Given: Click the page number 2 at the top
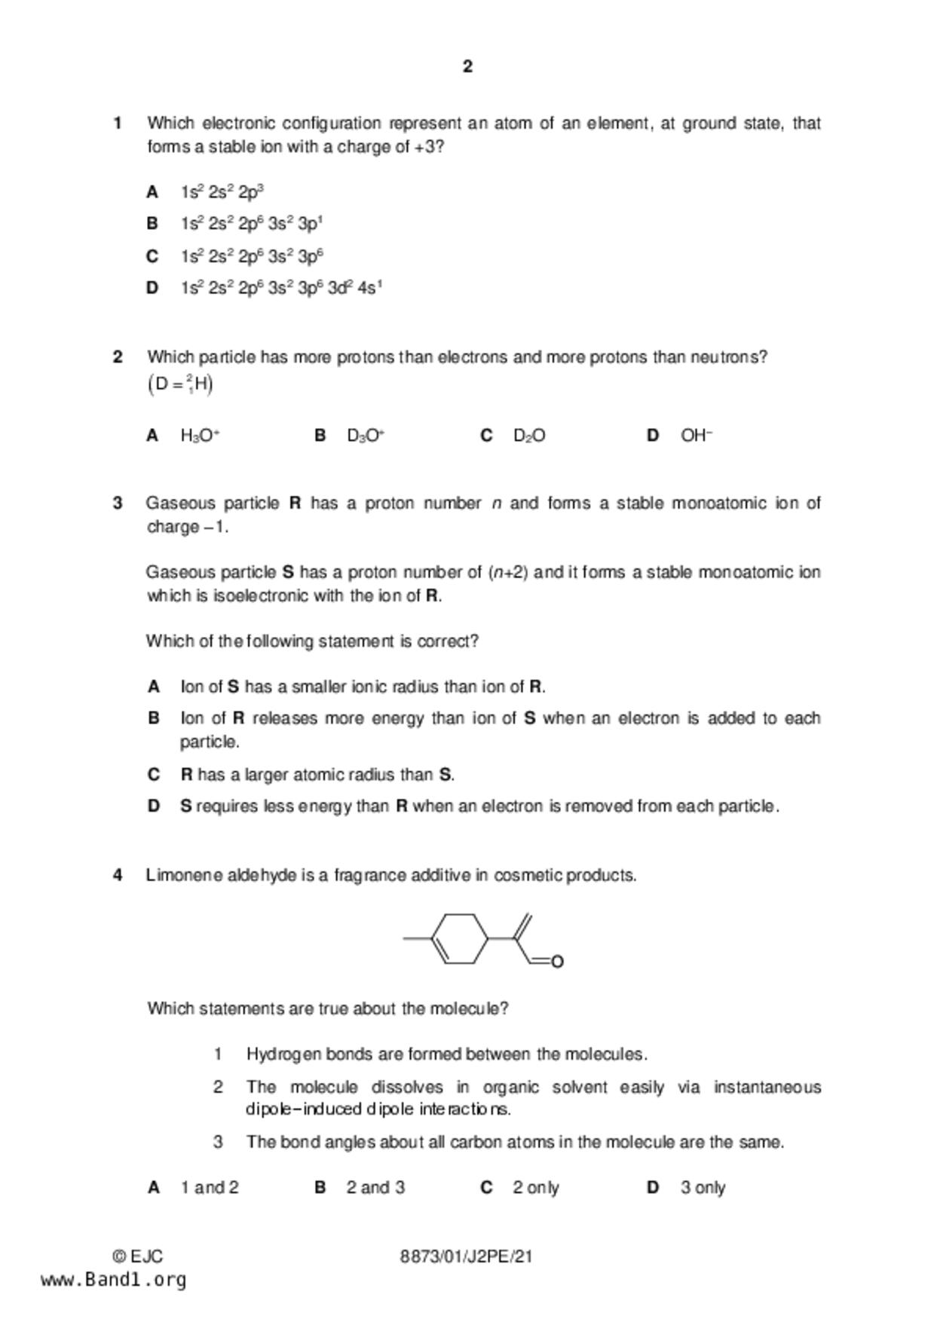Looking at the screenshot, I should pyautogui.click(x=467, y=67).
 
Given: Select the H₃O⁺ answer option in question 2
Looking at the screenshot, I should pyautogui.click(x=200, y=436).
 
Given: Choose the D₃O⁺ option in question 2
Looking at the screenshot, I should pyautogui.click(x=366, y=436).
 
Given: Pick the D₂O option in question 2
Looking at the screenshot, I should pyautogui.click(x=529, y=436).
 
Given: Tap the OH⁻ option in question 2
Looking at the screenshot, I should pyautogui.click(x=696, y=436).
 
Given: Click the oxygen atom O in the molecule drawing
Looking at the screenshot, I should pyautogui.click(x=557, y=962).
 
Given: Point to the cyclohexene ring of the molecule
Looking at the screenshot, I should pyautogui.click(x=460, y=938).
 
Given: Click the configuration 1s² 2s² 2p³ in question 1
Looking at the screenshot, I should pyautogui.click(x=222, y=192).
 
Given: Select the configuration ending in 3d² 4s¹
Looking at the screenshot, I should pyautogui.click(x=280, y=288).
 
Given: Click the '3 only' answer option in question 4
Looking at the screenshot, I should pyautogui.click(x=702, y=1188).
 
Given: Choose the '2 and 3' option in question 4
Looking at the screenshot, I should pyautogui.click(x=375, y=1188).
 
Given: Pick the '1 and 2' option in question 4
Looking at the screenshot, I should pyautogui.click(x=209, y=1188).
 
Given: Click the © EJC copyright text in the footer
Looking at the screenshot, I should pyautogui.click(x=137, y=1256).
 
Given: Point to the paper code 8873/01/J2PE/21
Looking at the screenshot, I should pyautogui.click(x=466, y=1256).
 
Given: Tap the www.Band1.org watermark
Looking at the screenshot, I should pyautogui.click(x=113, y=1280).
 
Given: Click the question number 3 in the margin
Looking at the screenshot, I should pyautogui.click(x=118, y=503).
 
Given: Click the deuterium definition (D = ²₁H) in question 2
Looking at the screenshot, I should pyautogui.click(x=180, y=385).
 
